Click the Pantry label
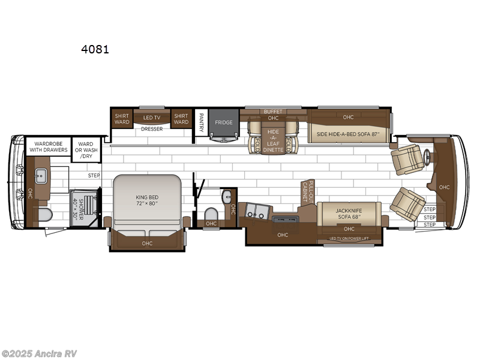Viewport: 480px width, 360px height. point(201,122)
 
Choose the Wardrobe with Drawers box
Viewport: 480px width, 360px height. point(49,148)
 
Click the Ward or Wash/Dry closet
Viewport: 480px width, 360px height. point(85,149)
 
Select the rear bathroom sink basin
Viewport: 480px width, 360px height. point(41,176)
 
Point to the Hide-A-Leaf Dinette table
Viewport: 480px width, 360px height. point(273,140)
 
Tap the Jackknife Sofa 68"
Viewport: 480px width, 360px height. point(349,212)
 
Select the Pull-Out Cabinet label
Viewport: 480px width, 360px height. point(308,191)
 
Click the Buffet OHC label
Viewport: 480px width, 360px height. point(272,115)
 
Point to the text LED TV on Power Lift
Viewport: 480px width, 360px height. point(350,239)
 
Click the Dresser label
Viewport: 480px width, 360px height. point(151,129)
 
